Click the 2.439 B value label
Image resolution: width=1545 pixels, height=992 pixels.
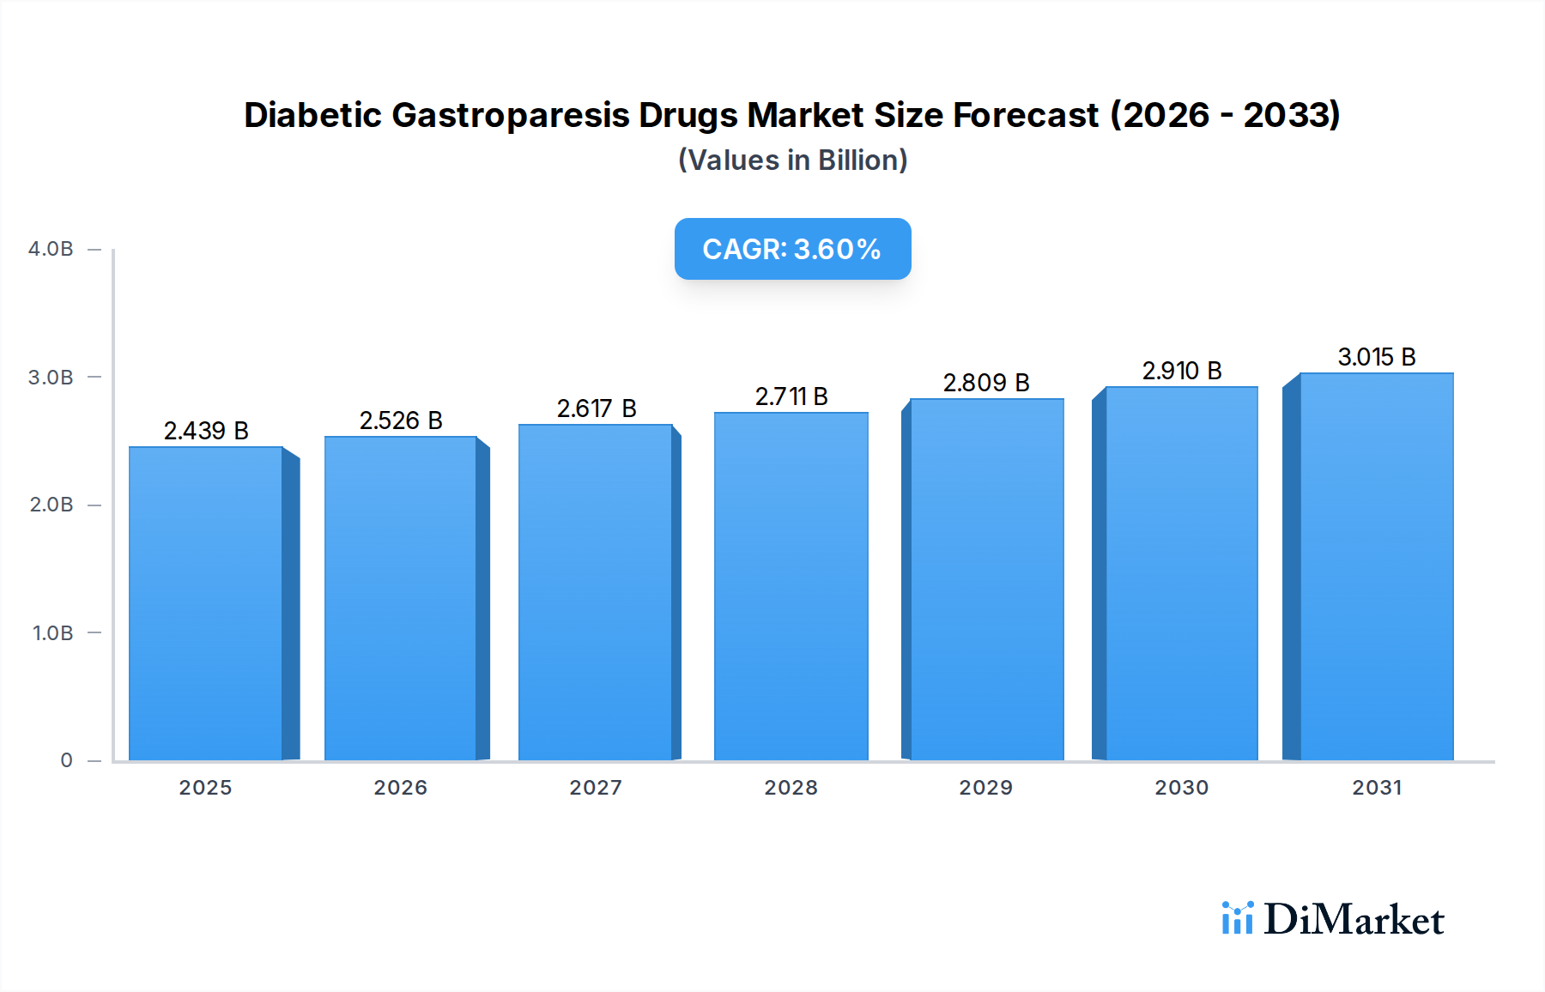206,431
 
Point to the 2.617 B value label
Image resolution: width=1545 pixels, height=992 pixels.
597,408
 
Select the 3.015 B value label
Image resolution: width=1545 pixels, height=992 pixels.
1376,357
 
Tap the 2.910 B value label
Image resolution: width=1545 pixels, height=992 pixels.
1181,371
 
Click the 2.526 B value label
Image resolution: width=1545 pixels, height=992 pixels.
401,420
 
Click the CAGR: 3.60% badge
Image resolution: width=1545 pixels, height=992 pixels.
792,249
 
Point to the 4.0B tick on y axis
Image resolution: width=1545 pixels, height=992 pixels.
51,249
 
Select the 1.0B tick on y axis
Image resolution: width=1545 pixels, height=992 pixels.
52,633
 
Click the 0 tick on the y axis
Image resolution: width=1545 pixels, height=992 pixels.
66,760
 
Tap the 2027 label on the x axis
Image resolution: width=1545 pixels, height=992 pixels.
596,788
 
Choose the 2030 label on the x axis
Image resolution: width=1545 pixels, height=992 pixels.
1181,788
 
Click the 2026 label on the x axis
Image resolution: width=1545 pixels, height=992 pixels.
400,788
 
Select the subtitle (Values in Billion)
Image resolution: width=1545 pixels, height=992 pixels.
792,160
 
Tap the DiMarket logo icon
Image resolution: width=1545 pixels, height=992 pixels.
1237,918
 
